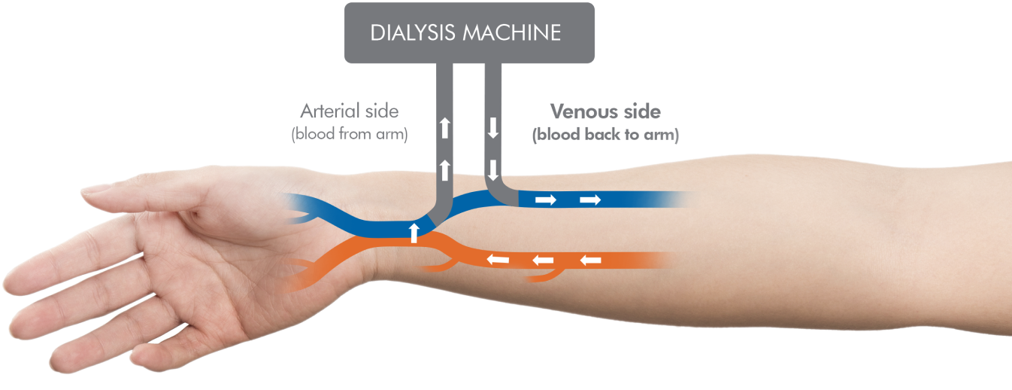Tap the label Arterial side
[x=350, y=111]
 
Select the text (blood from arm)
[x=350, y=136]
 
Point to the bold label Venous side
[x=605, y=111]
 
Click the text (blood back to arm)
[x=605, y=136]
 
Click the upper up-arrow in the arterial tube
[x=446, y=128]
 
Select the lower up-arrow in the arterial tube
[x=446, y=169]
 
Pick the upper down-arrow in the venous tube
[x=493, y=128]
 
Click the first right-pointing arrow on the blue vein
[x=546, y=200]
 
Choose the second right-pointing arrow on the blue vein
[x=591, y=200]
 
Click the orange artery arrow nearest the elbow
[x=591, y=261]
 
